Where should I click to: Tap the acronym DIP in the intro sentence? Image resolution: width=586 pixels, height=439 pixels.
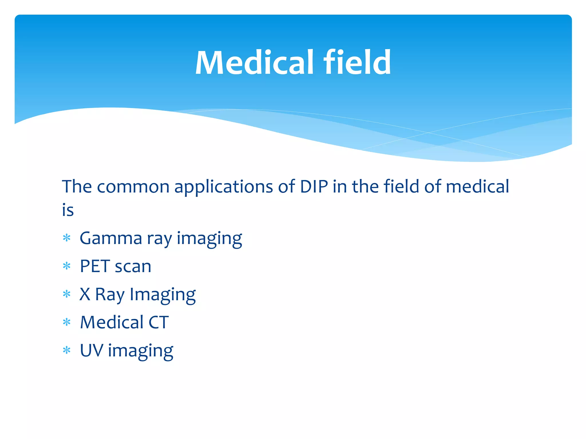pyautogui.click(x=314, y=187)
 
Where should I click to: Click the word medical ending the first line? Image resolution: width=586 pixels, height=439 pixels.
pyautogui.click(x=477, y=187)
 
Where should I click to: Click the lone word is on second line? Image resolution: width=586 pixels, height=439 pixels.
pyautogui.click(x=68, y=210)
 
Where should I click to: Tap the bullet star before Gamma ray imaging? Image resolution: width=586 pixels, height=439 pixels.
pyautogui.click(x=66, y=238)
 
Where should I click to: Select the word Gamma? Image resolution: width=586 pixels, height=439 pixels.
pyautogui.click(x=111, y=238)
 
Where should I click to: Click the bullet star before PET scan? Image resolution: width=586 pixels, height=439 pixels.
pyautogui.click(x=66, y=266)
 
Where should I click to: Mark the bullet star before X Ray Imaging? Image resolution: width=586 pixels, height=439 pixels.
pyautogui.click(x=66, y=294)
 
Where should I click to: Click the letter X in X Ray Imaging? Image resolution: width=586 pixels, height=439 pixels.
pyautogui.click(x=85, y=294)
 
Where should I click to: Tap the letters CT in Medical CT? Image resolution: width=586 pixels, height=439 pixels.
pyautogui.click(x=159, y=322)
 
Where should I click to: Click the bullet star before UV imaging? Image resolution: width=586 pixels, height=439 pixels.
pyautogui.click(x=66, y=350)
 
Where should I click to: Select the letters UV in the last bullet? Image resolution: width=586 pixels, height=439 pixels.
pyautogui.click(x=91, y=350)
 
